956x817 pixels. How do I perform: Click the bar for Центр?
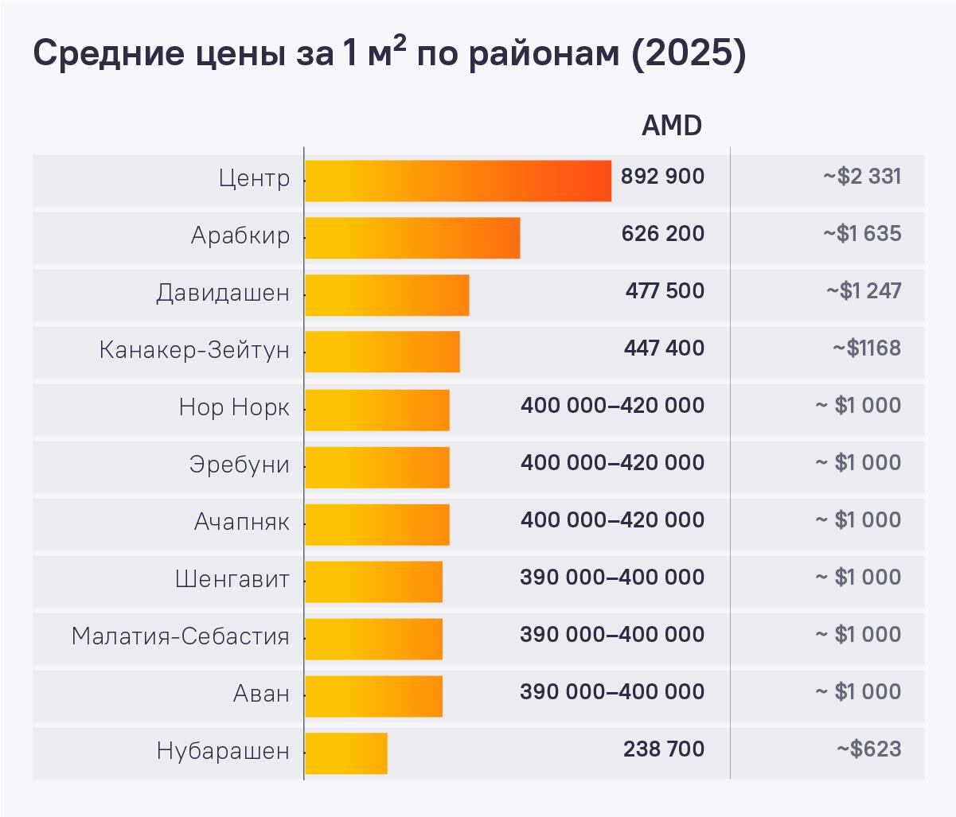(458, 181)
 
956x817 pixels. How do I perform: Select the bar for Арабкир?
(412, 238)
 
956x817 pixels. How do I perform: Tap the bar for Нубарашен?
(346, 753)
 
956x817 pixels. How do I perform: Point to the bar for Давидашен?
(387, 295)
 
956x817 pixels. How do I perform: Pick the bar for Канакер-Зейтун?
(382, 352)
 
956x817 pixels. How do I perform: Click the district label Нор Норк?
(234, 408)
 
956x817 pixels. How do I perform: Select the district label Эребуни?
(239, 465)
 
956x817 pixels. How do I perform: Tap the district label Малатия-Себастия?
(180, 636)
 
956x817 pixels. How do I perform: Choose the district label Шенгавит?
(232, 579)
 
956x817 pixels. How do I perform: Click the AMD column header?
(671, 126)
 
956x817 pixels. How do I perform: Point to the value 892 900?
(662, 177)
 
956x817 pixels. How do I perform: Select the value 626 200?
(662, 234)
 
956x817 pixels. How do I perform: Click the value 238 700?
(664, 749)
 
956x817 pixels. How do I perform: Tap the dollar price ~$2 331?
(862, 177)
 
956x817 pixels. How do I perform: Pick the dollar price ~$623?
(868, 749)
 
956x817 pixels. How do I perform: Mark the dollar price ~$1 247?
(864, 291)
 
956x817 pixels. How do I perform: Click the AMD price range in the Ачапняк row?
(612, 520)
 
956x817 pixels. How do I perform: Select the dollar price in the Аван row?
(858, 692)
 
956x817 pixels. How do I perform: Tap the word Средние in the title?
(105, 54)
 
